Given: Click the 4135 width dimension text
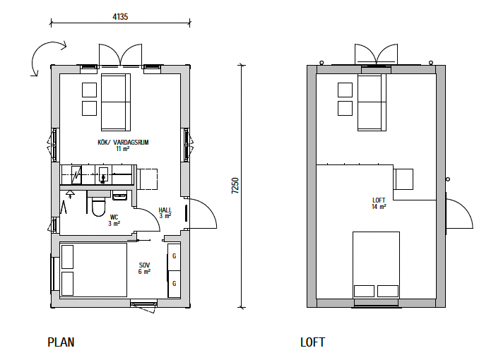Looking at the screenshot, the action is (x=120, y=16).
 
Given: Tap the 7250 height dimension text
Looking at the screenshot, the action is (x=235, y=186).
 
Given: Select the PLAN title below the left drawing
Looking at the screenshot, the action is (x=61, y=342).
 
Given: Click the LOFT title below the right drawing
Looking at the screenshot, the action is (x=312, y=342).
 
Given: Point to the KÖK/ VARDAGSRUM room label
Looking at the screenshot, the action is (x=123, y=142).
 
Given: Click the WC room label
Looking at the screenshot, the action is (x=114, y=217).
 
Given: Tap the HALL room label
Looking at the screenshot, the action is (x=165, y=210).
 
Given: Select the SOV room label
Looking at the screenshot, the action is (x=144, y=265).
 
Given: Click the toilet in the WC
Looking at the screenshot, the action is (x=98, y=206).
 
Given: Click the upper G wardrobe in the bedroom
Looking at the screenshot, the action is (x=174, y=257).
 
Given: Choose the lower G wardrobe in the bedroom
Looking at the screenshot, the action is (x=174, y=284).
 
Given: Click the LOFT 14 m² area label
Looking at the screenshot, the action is (x=379, y=203).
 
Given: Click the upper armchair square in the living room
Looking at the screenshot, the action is (x=89, y=90).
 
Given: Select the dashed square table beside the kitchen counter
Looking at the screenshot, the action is (x=147, y=179).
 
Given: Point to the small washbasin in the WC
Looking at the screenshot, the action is (x=120, y=196).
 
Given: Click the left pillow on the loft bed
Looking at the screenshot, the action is (x=364, y=291).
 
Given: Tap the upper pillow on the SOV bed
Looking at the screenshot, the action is (x=67, y=257).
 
